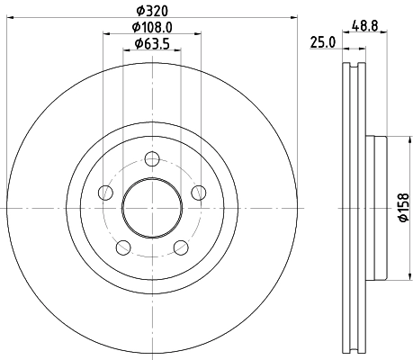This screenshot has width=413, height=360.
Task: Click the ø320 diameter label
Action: tap(151, 11)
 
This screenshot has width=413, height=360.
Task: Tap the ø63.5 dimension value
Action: tap(151, 43)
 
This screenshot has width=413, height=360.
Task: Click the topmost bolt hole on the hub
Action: tap(151, 161)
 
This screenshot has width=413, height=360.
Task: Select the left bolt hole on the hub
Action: tap(106, 193)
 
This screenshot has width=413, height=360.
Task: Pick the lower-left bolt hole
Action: tap(123, 247)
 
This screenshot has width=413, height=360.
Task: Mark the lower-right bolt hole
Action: tap(179, 247)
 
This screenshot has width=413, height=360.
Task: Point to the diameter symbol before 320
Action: tap(139, 11)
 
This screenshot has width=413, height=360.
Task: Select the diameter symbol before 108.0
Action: tap(133, 27)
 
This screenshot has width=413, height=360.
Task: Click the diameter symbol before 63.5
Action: tap(138, 43)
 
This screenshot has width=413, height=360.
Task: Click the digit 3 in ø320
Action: tap(147, 11)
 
